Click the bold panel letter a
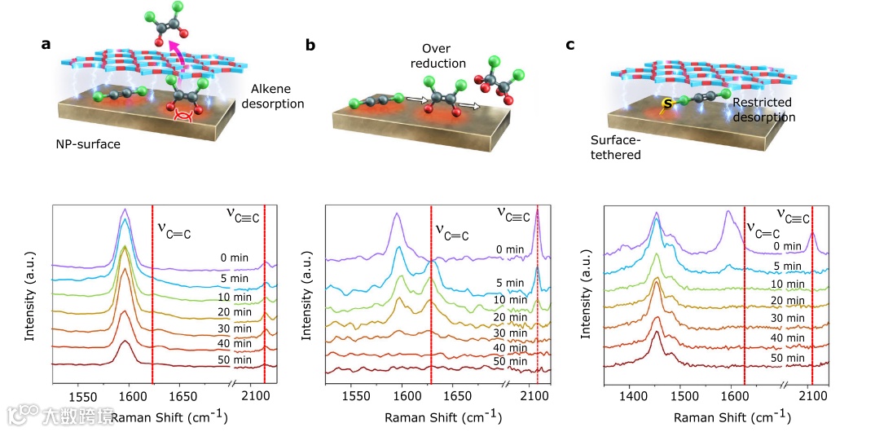pyautogui.click(x=46, y=45)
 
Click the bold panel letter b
pyautogui.click(x=310, y=46)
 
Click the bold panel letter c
pyautogui.click(x=570, y=46)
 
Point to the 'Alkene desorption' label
pyautogui.click(x=277, y=95)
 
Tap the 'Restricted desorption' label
pyautogui.click(x=763, y=109)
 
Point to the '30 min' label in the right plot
pyautogui.click(x=788, y=319)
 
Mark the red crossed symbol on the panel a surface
pyautogui.click(x=184, y=119)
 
